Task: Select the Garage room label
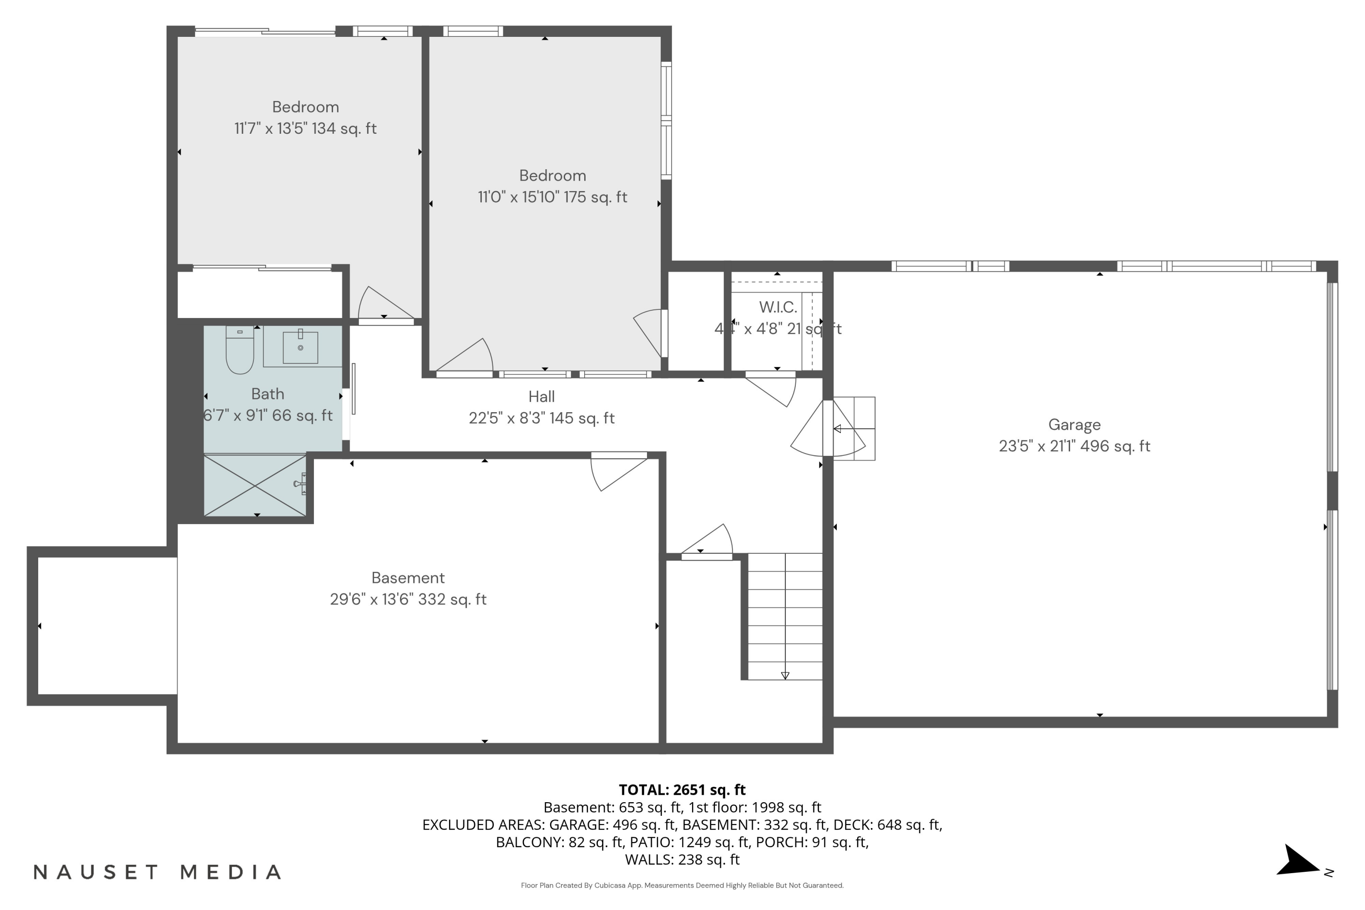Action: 1074,425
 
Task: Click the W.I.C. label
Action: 778,307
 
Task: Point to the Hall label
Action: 541,397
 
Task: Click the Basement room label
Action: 408,578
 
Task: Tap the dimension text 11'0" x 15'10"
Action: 518,197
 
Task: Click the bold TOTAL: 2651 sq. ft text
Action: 682,790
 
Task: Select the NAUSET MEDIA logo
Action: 157,872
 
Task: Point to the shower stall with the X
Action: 255,485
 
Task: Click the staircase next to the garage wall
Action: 784,617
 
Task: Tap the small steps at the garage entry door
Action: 854,428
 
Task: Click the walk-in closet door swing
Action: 771,389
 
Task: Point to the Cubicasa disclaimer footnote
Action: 682,885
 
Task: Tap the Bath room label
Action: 268,394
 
